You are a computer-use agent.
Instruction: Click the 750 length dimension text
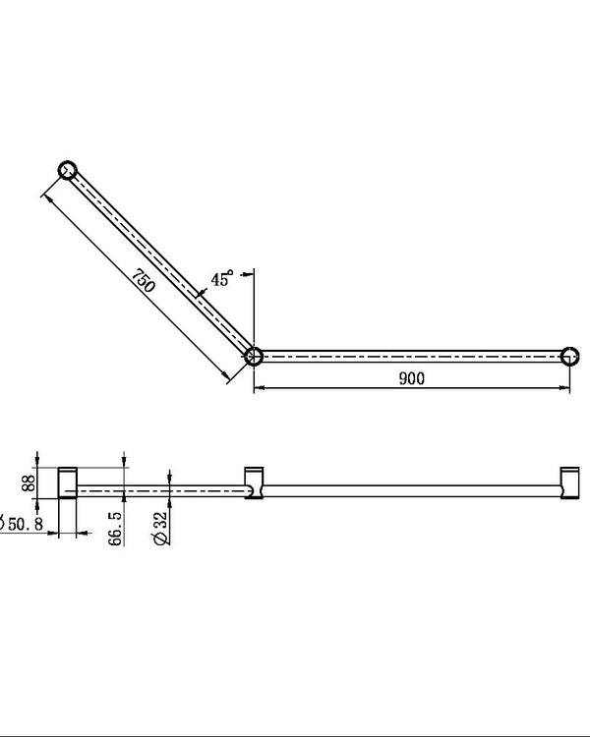coord(144,283)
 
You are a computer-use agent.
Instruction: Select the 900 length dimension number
coord(412,379)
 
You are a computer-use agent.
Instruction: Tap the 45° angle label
coord(222,279)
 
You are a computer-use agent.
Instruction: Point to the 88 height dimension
coord(29,482)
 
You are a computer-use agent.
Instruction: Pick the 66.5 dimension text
coord(115,526)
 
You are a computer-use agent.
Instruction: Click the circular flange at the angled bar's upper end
coord(67,169)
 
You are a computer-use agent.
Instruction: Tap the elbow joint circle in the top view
coord(253,356)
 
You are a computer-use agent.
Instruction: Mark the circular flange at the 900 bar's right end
coord(569,356)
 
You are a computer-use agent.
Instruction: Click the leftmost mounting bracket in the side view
coord(68,482)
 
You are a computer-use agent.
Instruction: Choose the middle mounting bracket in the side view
coord(253,482)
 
